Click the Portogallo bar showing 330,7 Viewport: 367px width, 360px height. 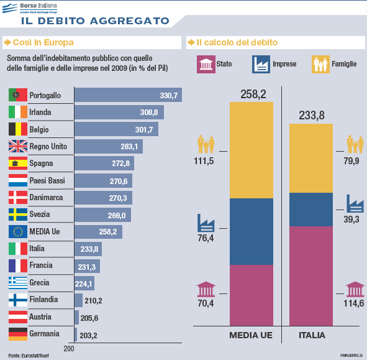[127, 95]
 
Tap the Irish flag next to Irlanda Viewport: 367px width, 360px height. [17, 113]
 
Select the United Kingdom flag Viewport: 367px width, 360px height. [17, 147]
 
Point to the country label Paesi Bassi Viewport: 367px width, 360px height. [47, 181]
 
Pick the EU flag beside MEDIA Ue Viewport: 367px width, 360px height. [17, 232]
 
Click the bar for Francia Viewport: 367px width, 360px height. [87, 266]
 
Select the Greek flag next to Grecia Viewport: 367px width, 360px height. [17, 283]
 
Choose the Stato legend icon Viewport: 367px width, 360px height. [205, 63]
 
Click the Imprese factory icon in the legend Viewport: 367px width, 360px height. [260, 63]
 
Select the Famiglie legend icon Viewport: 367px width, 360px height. [320, 63]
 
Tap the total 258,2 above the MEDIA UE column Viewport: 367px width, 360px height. [252, 94]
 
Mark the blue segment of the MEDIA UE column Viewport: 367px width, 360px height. [251, 231]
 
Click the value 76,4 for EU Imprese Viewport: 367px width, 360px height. [206, 238]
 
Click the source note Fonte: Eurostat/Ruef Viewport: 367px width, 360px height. [29, 354]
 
